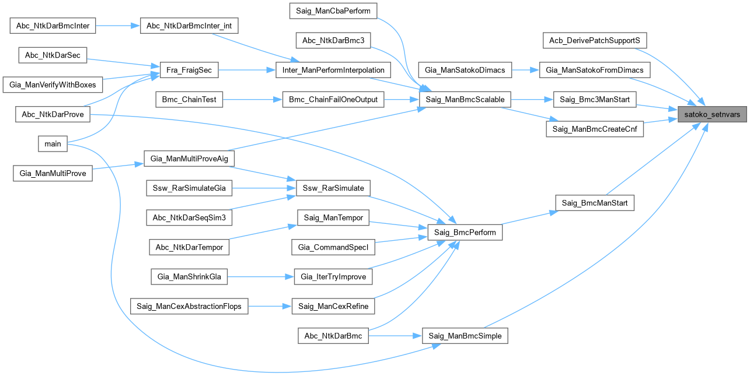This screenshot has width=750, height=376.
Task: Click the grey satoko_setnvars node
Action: [x=711, y=115]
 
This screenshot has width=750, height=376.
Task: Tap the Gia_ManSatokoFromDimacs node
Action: [x=594, y=71]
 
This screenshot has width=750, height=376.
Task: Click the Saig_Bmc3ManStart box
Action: [x=594, y=100]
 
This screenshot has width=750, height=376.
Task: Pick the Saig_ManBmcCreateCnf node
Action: [x=594, y=129]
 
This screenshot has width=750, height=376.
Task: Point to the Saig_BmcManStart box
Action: [x=594, y=203]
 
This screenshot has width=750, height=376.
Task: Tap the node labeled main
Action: [x=53, y=144]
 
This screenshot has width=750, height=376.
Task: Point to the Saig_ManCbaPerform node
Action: [x=333, y=10]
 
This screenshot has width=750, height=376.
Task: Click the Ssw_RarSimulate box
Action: [x=333, y=188]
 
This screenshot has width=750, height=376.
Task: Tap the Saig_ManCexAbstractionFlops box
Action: [x=189, y=306]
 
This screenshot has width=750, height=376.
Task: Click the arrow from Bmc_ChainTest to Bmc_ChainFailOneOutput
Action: [x=252, y=100]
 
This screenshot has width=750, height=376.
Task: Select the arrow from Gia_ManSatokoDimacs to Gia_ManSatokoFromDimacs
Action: [x=525, y=71]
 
